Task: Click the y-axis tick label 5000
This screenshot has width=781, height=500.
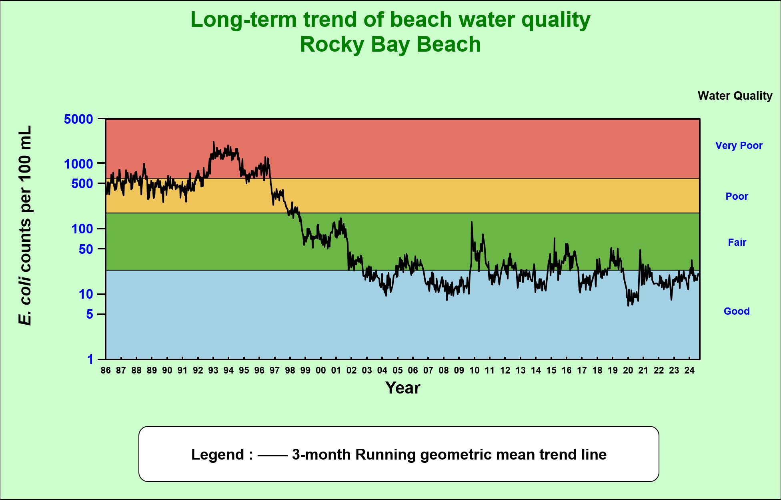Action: (78, 119)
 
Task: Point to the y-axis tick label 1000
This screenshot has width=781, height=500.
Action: (78, 164)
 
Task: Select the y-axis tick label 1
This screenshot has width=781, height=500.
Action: (90, 359)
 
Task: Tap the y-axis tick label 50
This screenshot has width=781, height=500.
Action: (86, 249)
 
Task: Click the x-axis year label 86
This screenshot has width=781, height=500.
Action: (106, 370)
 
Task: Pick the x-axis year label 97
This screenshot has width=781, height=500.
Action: (274, 370)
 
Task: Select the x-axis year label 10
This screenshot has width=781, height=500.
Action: (474, 370)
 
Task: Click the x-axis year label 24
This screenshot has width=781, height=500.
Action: (689, 370)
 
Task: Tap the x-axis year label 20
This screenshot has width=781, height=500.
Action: (628, 370)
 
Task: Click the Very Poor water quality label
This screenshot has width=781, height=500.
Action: (739, 145)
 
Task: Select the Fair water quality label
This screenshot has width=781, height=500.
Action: (737, 242)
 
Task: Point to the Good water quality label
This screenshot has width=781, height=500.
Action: (737, 311)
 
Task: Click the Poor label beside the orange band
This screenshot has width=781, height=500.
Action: (737, 196)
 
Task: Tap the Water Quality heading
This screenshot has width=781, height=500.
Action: (735, 96)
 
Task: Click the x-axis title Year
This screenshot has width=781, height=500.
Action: (403, 388)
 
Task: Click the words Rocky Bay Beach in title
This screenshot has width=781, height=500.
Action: (390, 44)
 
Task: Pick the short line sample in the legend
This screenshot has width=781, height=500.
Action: (272, 455)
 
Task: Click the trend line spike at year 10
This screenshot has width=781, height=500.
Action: (472, 222)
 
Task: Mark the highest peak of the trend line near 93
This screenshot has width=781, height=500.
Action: (214, 142)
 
